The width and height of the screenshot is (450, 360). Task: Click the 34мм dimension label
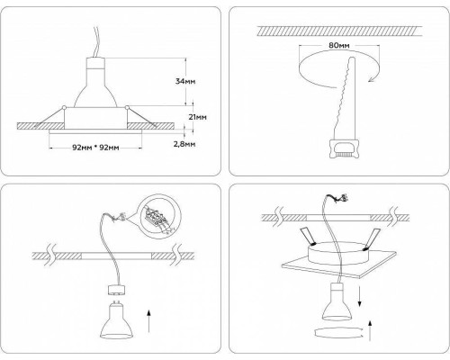coord(185,81)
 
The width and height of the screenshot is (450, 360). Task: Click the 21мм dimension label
coord(197,117)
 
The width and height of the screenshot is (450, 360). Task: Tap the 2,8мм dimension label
coord(184,144)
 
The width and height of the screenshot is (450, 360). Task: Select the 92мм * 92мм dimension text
coord(95,148)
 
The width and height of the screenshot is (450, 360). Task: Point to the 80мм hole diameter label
coord(339,46)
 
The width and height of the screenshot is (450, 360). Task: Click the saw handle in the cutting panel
coord(344,149)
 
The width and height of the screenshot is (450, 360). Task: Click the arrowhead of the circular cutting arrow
coord(372,78)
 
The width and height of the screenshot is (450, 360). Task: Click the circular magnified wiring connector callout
coord(161,216)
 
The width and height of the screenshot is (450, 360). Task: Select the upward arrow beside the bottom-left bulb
coord(148,321)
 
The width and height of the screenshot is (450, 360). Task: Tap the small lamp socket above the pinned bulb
coord(115,290)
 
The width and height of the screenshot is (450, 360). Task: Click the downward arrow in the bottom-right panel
coord(360,296)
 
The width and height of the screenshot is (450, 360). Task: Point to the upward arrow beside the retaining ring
coord(370,331)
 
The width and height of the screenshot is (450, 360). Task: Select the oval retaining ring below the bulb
coord(337,333)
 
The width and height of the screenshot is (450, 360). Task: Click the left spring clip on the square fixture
coord(307,236)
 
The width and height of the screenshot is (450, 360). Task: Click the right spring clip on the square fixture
coord(373,239)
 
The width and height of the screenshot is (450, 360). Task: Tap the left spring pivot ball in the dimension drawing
coord(64,107)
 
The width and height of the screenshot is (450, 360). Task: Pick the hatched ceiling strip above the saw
coord(340,31)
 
